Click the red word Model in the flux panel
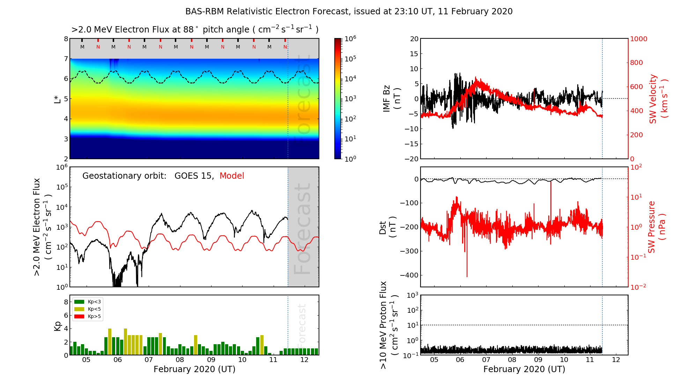click(x=232, y=176)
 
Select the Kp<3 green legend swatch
click(x=80, y=302)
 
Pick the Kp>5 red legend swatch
click(x=80, y=317)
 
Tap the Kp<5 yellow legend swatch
click(x=80, y=309)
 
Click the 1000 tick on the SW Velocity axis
click(x=638, y=39)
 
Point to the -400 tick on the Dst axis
click(x=408, y=275)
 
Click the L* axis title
click(x=58, y=99)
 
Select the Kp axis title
click(x=58, y=326)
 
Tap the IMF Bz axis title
click(x=391, y=99)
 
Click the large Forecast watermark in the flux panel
click(x=302, y=229)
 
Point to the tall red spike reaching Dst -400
click(x=467, y=265)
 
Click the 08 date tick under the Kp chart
click(x=180, y=360)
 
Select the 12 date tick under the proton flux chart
click(x=616, y=360)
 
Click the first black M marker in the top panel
click(x=82, y=47)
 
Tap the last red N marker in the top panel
click(x=285, y=47)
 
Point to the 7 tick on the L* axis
click(x=66, y=59)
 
